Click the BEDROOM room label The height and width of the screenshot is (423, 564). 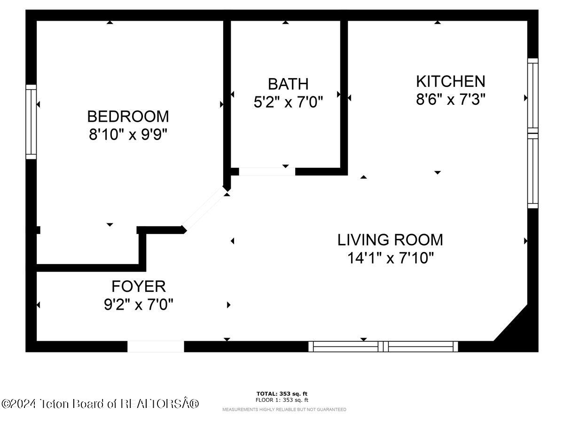[128, 116]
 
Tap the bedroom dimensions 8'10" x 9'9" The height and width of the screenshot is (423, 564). [128, 135]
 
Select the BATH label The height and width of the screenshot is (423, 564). [288, 84]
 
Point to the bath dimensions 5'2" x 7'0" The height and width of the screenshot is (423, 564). [288, 102]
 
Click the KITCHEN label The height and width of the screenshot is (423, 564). [450, 81]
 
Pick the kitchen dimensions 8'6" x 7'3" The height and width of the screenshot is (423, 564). [450, 100]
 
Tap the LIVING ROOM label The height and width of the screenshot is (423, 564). [390, 240]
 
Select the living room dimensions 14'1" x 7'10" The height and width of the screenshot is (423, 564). [390, 258]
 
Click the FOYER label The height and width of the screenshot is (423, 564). [138, 286]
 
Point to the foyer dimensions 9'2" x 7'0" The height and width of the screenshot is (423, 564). [138, 305]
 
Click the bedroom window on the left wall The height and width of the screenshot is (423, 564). [31, 122]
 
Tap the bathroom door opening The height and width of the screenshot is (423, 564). [267, 172]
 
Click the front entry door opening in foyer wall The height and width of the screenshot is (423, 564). [156, 346]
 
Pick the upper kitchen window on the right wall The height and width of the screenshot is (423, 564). [533, 95]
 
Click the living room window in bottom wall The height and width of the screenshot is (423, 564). [383, 346]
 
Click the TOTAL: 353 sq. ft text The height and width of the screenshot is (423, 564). [282, 393]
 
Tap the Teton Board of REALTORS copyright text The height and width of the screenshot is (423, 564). [100, 403]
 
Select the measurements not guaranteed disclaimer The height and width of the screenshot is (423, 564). [284, 409]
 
